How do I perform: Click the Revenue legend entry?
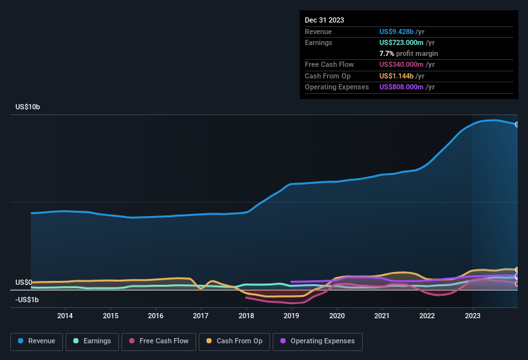coord(37,341)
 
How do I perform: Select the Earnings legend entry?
coord(92,341)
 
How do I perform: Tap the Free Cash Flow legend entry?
coord(158,341)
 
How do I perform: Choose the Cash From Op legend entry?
coord(235,341)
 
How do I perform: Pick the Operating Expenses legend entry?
coord(318,341)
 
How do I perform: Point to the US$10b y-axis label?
coord(28,107)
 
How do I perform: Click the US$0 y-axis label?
coord(24,282)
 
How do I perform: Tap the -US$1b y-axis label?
coord(27,300)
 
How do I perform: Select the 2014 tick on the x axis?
coord(64,316)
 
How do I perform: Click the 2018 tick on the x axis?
coord(246,316)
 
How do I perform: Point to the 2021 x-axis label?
coord(382,316)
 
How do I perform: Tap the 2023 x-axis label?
coord(473,316)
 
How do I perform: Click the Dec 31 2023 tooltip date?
coord(324,20)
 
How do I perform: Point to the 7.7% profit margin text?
coord(408,53)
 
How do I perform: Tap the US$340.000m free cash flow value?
coord(406,64)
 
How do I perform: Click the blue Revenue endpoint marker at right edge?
coord(517,125)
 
